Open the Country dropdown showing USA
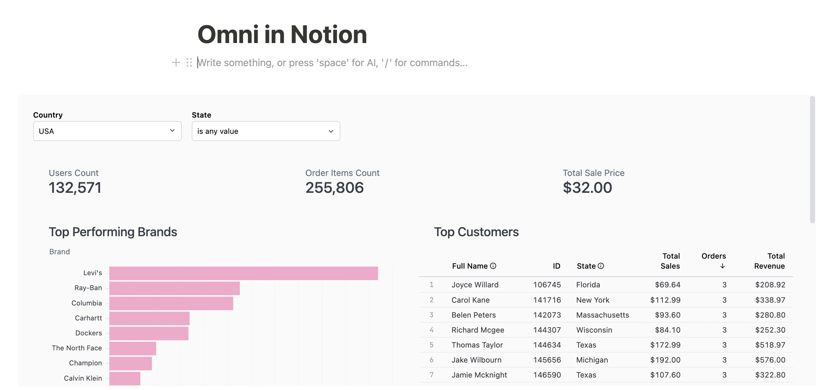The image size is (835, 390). tap(107, 131)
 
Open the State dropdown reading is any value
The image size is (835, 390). tap(265, 131)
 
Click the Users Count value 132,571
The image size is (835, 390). tap(75, 188)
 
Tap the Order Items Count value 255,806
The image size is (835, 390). tap(334, 188)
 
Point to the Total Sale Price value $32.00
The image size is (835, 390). tap(587, 188)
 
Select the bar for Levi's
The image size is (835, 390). tap(243, 273)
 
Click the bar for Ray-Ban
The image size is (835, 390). tap(174, 288)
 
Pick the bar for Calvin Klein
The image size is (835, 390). tap(125, 378)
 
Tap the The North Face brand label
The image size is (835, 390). tap(77, 348)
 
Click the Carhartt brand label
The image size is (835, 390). tap(88, 318)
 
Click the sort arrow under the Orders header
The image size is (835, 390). tap(722, 266)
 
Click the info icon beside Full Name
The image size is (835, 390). tap(493, 266)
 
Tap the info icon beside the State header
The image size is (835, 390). tap(600, 266)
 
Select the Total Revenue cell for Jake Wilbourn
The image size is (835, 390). tap(770, 360)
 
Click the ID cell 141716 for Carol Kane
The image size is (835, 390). tap(547, 300)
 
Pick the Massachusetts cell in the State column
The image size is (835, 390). tap(602, 315)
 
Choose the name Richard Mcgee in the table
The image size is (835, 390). tap(477, 330)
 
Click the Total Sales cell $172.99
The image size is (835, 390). tap(665, 345)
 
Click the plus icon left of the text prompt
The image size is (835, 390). tap(176, 62)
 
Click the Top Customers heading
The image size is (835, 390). tap(476, 232)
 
